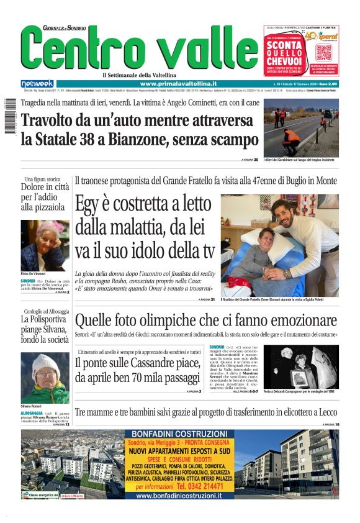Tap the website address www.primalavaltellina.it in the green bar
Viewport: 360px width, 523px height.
coord(178,83)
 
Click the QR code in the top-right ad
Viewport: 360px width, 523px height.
coord(323,52)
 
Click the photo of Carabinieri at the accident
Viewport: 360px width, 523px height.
coord(301,128)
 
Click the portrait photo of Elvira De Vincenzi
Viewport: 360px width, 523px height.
coord(45,246)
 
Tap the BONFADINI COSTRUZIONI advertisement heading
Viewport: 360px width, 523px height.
coord(176,434)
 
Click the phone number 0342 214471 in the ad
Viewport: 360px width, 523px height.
coord(197,487)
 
